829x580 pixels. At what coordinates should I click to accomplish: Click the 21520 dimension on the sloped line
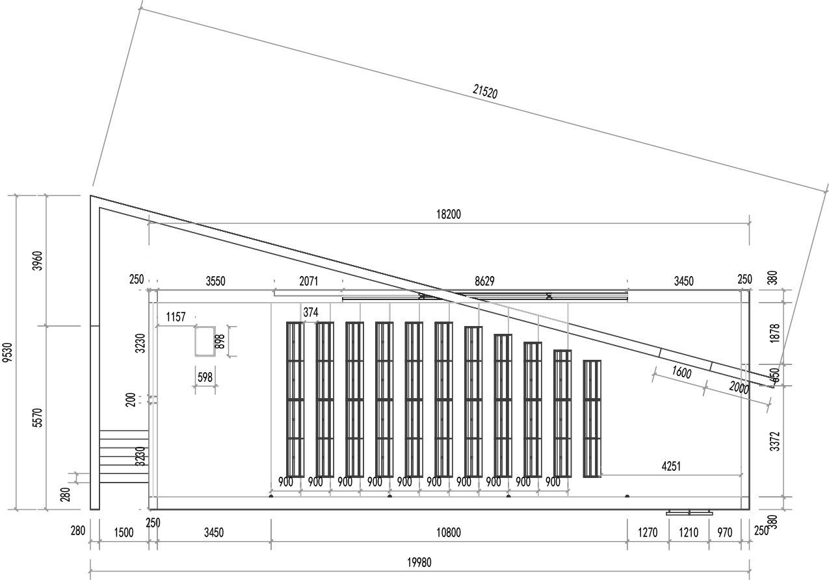(485, 92)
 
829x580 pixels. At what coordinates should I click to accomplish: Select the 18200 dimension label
(449, 214)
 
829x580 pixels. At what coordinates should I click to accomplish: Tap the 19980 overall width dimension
(419, 562)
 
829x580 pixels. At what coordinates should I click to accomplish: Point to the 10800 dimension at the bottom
(449, 533)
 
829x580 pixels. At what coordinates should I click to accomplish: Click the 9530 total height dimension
(8, 353)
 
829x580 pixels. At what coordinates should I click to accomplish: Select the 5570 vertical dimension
(38, 418)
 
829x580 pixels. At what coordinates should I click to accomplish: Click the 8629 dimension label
(484, 281)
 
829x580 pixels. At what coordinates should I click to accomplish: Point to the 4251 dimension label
(671, 466)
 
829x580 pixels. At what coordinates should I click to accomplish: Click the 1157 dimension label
(176, 317)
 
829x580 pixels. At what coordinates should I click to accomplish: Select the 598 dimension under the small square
(205, 377)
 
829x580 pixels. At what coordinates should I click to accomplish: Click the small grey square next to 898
(205, 341)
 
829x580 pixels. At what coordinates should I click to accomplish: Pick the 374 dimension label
(311, 312)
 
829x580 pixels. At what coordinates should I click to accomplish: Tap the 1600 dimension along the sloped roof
(681, 374)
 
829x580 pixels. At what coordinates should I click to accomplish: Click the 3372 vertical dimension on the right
(774, 441)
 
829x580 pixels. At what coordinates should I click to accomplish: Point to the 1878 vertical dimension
(774, 333)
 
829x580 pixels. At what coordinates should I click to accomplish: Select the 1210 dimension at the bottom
(689, 533)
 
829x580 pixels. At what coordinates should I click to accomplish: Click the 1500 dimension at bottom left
(124, 533)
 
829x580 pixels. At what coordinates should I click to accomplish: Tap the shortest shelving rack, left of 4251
(592, 419)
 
